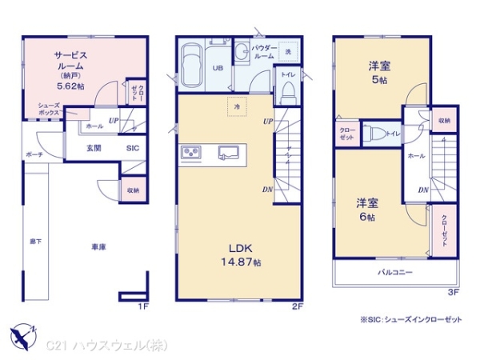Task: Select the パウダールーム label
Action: pyautogui.click(x=265, y=53)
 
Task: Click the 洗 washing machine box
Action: pyautogui.click(x=289, y=52)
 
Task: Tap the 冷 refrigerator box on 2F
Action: pyautogui.click(x=237, y=106)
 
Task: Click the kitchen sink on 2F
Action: pyautogui.click(x=229, y=152)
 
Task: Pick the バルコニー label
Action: pyautogui.click(x=394, y=273)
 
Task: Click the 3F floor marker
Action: pyautogui.click(x=453, y=293)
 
